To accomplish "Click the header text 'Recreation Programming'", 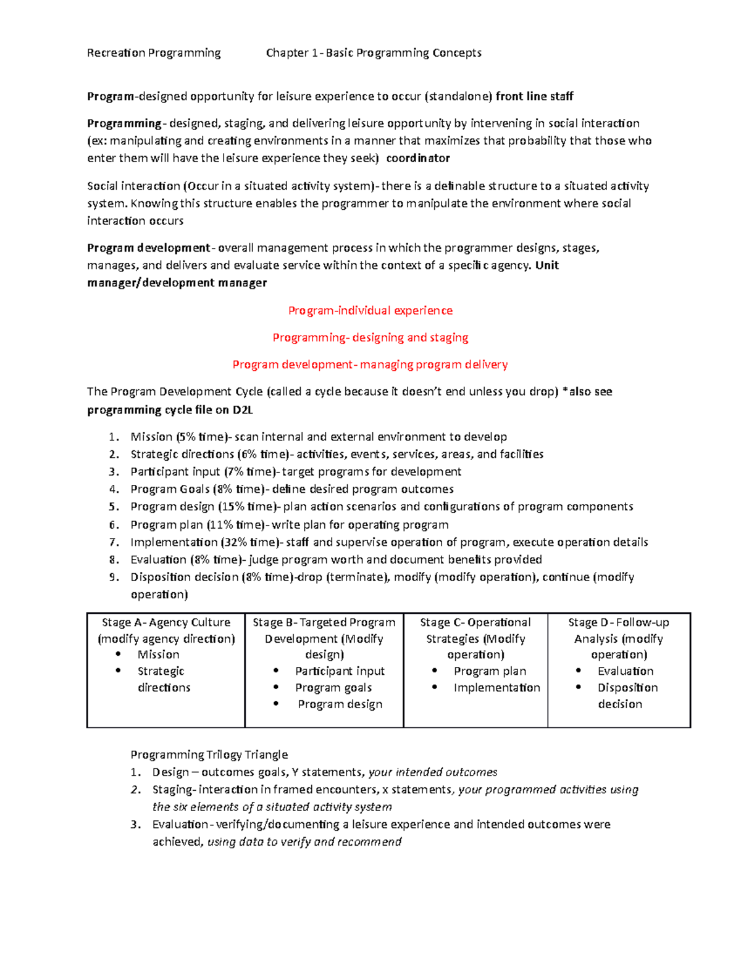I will pos(154,53).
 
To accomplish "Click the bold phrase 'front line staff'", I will pos(534,96).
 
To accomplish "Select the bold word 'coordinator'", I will pos(418,158).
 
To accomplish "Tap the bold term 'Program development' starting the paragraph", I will pos(149,248).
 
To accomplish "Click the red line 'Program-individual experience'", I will pos(371,310).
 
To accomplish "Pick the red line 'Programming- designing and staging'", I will pos(371,337).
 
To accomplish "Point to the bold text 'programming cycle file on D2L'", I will pos(170,410).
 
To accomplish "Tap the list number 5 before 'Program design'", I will pos(113,506).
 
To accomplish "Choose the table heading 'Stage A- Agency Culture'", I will pos(166,622).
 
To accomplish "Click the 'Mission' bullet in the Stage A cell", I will pos(159,654).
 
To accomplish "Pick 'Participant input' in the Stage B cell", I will pos(340,671).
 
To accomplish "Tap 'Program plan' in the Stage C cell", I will pos(490,671).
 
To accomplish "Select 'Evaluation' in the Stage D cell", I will pos(626,671).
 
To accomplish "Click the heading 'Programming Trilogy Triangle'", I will pos(209,754).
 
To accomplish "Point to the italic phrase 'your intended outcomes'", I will pos(433,772).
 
